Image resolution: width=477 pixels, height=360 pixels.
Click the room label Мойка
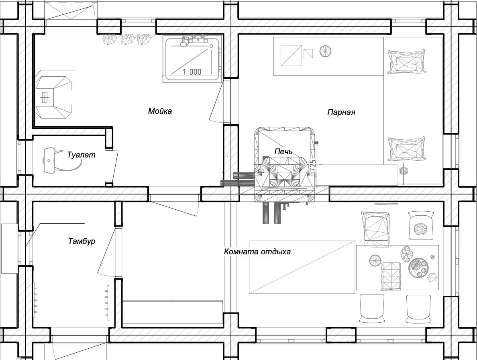[x=160, y=111]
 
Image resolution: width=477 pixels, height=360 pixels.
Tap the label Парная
[x=341, y=112]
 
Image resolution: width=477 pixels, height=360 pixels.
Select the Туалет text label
[x=81, y=155]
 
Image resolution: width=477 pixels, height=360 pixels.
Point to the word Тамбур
[x=82, y=241]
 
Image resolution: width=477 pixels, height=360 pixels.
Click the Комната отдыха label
[x=257, y=252]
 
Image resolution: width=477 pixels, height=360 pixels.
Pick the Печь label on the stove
[x=283, y=151]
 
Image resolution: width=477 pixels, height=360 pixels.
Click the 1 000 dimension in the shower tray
[x=192, y=72]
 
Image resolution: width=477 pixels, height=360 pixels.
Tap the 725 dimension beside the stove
[x=313, y=166]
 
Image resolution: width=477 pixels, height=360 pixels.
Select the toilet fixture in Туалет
[x=50, y=160]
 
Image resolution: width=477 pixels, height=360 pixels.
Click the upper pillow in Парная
[x=406, y=61]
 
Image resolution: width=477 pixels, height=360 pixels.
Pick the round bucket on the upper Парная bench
[x=326, y=51]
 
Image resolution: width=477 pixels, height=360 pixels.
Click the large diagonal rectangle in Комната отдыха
[x=302, y=267]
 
